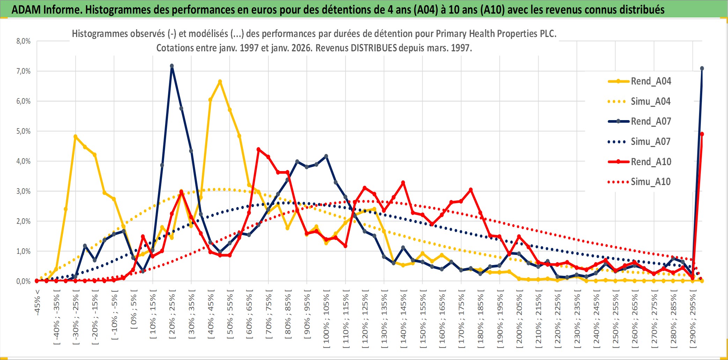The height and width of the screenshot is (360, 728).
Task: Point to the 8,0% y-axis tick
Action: click(x=23, y=41)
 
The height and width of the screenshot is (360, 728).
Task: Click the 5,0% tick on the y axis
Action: click(x=23, y=131)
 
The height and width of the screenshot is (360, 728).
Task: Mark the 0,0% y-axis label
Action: click(x=23, y=281)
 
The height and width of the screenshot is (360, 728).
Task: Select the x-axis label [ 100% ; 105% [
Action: click(x=326, y=321)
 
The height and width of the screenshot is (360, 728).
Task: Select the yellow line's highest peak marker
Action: click(x=220, y=82)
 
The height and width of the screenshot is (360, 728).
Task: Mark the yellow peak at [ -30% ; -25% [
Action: click(x=75, y=137)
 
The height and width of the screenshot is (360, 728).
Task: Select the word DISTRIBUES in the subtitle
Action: click(x=374, y=48)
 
